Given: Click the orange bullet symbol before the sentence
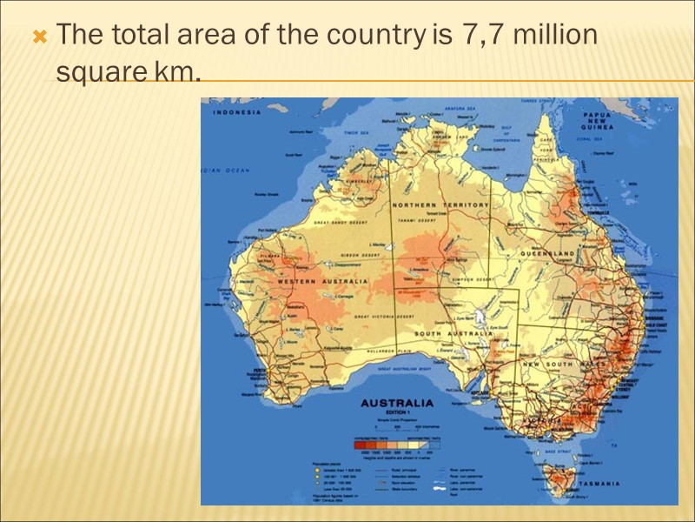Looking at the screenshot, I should (x=37, y=37).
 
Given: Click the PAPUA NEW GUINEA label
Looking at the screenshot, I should (x=599, y=120).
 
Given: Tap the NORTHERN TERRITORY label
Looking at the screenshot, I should (x=440, y=204).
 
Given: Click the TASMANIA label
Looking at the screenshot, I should (x=600, y=483).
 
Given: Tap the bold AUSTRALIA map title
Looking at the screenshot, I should (x=397, y=404).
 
